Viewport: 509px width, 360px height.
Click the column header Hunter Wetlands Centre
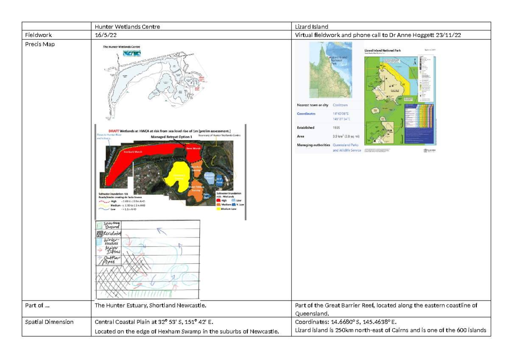(127, 27)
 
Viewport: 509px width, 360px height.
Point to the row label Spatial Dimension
(49, 322)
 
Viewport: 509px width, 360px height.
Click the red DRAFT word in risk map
(112, 131)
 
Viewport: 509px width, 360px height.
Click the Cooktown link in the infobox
(340, 105)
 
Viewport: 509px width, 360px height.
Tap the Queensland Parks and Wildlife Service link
(347, 148)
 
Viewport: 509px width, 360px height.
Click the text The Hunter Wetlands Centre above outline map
(121, 47)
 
